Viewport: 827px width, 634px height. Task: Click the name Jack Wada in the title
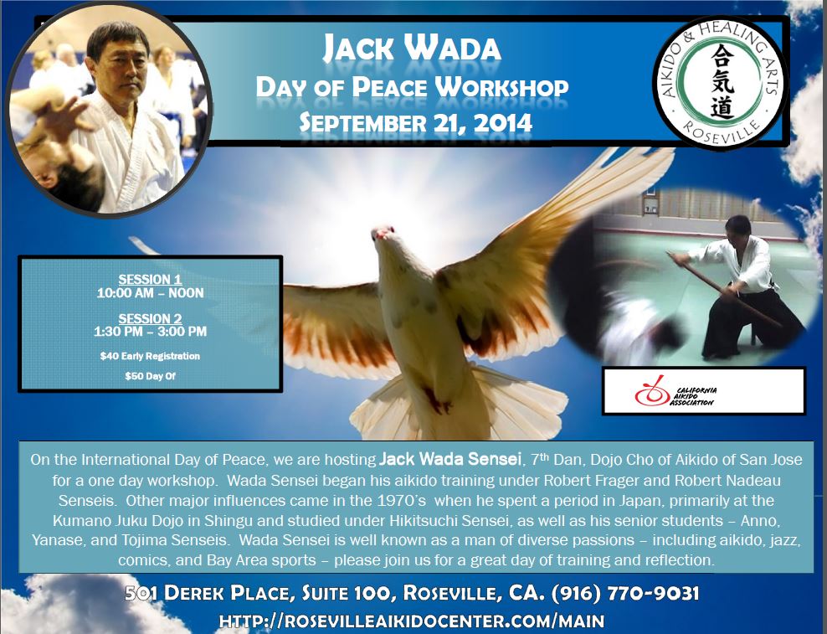pos(412,48)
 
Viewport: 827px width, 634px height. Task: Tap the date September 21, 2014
pos(416,123)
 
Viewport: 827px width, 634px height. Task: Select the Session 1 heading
pos(151,279)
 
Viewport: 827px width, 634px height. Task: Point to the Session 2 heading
pos(151,318)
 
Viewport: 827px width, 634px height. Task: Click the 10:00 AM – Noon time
pos(151,293)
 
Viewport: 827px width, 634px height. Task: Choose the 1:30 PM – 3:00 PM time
pos(151,332)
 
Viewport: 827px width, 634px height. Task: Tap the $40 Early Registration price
pos(151,356)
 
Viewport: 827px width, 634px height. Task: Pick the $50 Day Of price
pos(151,376)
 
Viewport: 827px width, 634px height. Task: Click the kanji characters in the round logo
pos(722,81)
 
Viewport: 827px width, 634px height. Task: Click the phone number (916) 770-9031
pos(625,593)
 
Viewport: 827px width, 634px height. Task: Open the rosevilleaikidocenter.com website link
pos(411,621)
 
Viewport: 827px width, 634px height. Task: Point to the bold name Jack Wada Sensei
pos(449,459)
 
